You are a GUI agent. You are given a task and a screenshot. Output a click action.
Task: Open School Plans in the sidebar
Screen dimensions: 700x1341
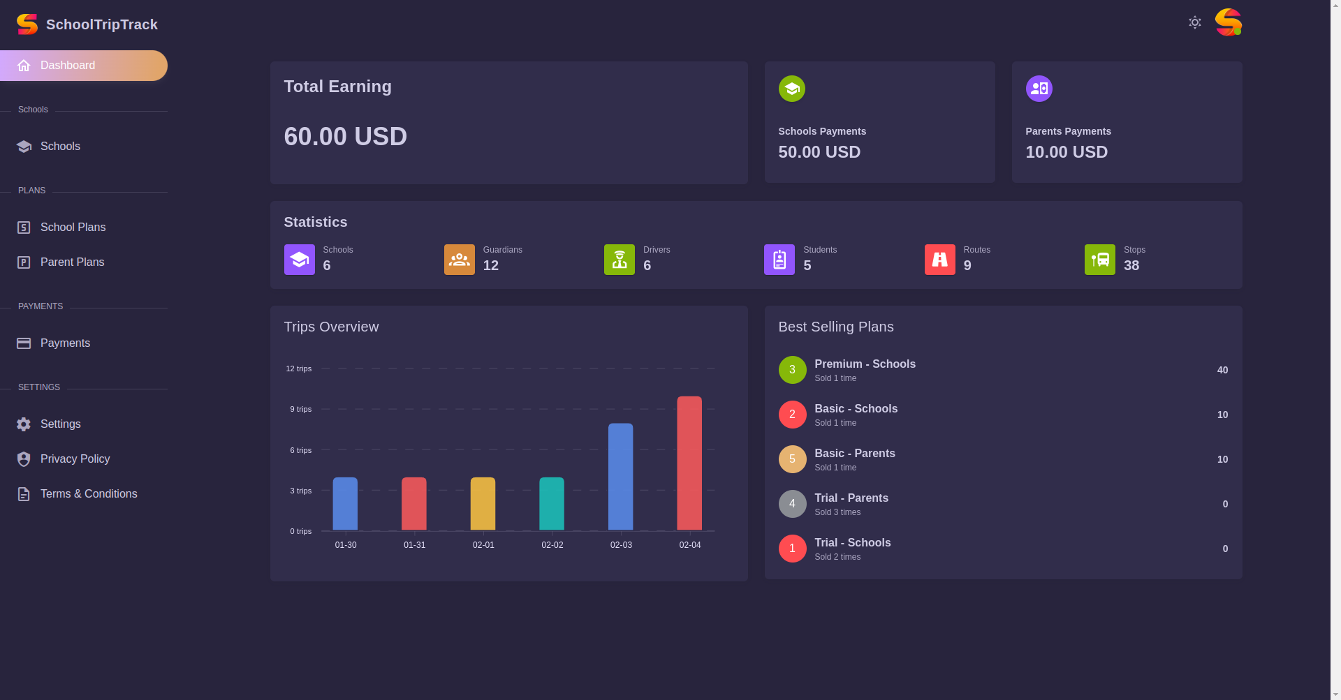coord(73,228)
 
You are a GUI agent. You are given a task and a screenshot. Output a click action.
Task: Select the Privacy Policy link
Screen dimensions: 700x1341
coord(75,459)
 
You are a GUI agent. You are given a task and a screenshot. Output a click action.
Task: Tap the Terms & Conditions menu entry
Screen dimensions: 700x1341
coord(89,494)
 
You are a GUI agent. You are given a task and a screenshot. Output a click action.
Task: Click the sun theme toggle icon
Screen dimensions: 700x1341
coord(1195,22)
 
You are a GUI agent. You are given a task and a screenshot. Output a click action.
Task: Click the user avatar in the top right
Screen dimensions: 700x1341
coord(1228,22)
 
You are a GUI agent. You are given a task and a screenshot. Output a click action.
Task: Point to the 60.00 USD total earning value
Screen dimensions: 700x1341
coord(345,137)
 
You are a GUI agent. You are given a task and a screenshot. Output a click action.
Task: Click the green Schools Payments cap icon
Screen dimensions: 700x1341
coord(792,89)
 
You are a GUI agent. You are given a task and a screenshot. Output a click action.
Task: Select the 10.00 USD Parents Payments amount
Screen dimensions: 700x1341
coord(1067,152)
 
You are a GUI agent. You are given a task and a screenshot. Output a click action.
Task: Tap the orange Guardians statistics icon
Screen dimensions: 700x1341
coord(460,260)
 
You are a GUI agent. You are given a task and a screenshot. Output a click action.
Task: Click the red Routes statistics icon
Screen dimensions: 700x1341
coord(940,260)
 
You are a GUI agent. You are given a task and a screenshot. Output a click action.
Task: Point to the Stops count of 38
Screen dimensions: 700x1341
coord(1131,265)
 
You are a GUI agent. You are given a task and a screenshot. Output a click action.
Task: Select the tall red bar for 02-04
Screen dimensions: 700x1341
coord(689,463)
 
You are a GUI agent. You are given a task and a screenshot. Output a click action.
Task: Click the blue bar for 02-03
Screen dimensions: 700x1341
coord(621,477)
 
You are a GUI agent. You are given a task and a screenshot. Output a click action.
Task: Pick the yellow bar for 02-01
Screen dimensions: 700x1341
coord(483,504)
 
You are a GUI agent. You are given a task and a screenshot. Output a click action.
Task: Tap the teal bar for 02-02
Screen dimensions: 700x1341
coord(552,504)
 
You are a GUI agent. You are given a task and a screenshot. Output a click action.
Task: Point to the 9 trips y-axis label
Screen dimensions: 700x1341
coord(301,409)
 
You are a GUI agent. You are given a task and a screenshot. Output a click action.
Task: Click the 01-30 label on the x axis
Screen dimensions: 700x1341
coord(346,545)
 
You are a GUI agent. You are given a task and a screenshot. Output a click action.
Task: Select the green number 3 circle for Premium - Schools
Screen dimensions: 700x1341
coord(793,370)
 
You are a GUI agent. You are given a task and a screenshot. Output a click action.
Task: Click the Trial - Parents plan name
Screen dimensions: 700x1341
coord(851,498)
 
